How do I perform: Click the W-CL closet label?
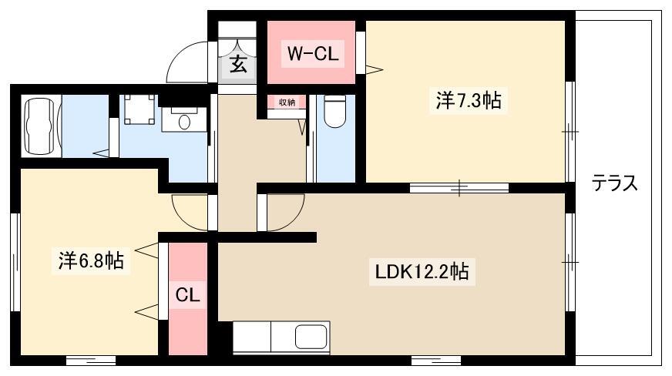[x=312, y=53]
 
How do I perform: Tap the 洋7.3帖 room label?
[x=469, y=101]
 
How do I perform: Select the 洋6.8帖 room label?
[x=91, y=260]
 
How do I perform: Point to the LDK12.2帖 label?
[x=422, y=271]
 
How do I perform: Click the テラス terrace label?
[x=614, y=183]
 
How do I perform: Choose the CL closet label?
[x=188, y=294]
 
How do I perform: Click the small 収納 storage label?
[x=287, y=102]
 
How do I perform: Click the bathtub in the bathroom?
[x=42, y=126]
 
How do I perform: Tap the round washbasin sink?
[x=184, y=122]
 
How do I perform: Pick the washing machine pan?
[x=139, y=109]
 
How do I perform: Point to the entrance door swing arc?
[x=186, y=55]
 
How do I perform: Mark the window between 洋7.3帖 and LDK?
[x=459, y=187]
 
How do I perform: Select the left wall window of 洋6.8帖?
[x=15, y=262]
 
